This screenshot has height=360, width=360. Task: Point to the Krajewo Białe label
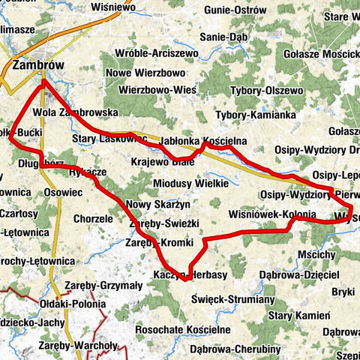point(161,161)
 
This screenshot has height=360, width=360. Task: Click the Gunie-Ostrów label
point(235,10)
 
